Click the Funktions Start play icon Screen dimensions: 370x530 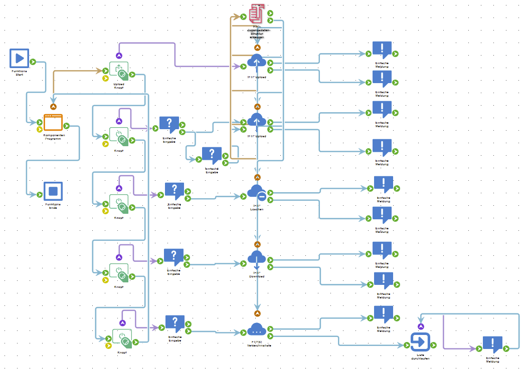click(x=20, y=58)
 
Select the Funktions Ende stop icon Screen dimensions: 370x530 click(x=53, y=191)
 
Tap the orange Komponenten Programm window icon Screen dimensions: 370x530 click(x=53, y=122)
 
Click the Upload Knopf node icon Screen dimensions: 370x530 click(x=119, y=71)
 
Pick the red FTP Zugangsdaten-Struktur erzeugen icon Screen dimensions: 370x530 click(x=257, y=14)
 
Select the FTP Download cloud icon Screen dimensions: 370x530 click(x=257, y=257)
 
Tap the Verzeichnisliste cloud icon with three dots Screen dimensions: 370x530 click(x=256, y=329)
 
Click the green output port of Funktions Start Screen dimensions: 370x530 click(x=33, y=62)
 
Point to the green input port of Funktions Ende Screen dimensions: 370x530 click(x=40, y=194)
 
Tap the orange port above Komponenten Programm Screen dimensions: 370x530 click(x=53, y=106)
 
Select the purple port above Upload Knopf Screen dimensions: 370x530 click(x=119, y=56)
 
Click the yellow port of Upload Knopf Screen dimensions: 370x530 click(x=106, y=78)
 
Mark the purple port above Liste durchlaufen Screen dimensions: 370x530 click(x=421, y=326)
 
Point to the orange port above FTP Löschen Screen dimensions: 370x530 click(x=258, y=177)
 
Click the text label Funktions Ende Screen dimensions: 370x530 click(x=53, y=206)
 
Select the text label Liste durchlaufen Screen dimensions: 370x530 click(x=421, y=357)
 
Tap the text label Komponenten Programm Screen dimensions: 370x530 click(x=53, y=137)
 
